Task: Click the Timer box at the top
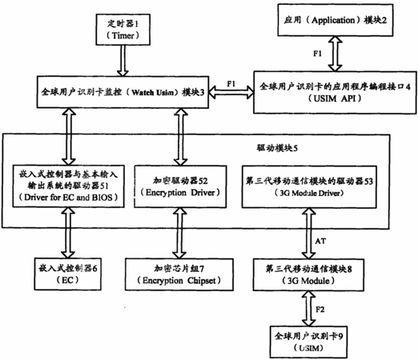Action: pyautogui.click(x=123, y=30)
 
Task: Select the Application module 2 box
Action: pyautogui.click(x=336, y=20)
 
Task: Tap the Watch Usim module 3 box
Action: pyautogui.click(x=123, y=92)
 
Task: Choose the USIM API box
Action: pyautogui.click(x=335, y=92)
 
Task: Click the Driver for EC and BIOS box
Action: pyautogui.click(x=68, y=186)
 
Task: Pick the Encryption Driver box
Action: pyautogui.click(x=180, y=186)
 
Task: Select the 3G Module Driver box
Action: pyautogui.click(x=309, y=186)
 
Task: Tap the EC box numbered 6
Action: pyautogui.click(x=68, y=274)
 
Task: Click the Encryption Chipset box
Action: pyautogui.click(x=179, y=274)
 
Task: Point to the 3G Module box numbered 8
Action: pyautogui.click(x=308, y=274)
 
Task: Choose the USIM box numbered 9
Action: pyautogui.click(x=308, y=342)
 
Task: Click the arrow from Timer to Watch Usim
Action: pyautogui.click(x=123, y=61)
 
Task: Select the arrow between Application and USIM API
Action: pyautogui.click(x=336, y=54)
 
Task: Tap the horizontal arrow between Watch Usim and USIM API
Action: pyautogui.click(x=231, y=92)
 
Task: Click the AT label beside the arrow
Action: pyautogui.click(x=320, y=241)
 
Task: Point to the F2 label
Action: pyautogui.click(x=320, y=310)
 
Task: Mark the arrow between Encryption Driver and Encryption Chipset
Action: pyautogui.click(x=180, y=233)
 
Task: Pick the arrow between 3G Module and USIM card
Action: pyautogui.click(x=308, y=309)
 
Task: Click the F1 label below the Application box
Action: pyautogui.click(x=317, y=54)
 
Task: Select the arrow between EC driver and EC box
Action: pyautogui.click(x=68, y=233)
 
